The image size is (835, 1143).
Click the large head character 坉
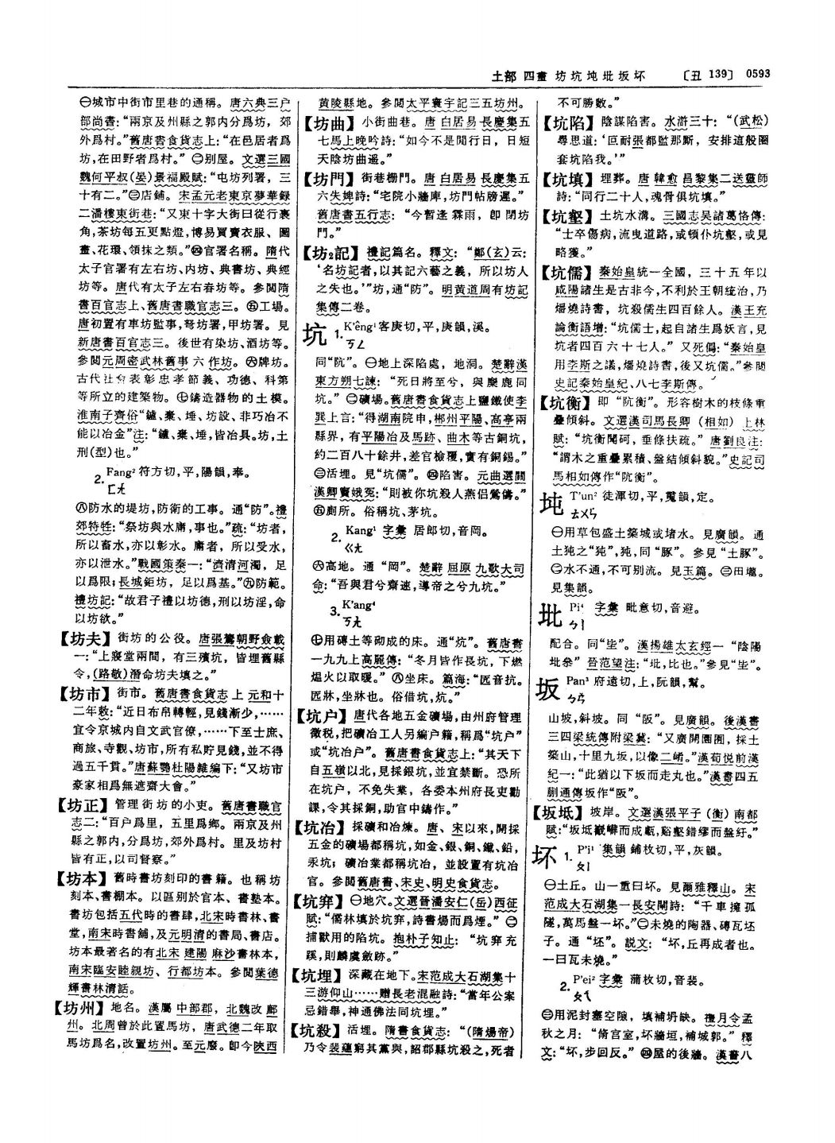pos(551,506)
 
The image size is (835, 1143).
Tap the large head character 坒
pos(551,616)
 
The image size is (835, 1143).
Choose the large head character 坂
pos(551,689)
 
